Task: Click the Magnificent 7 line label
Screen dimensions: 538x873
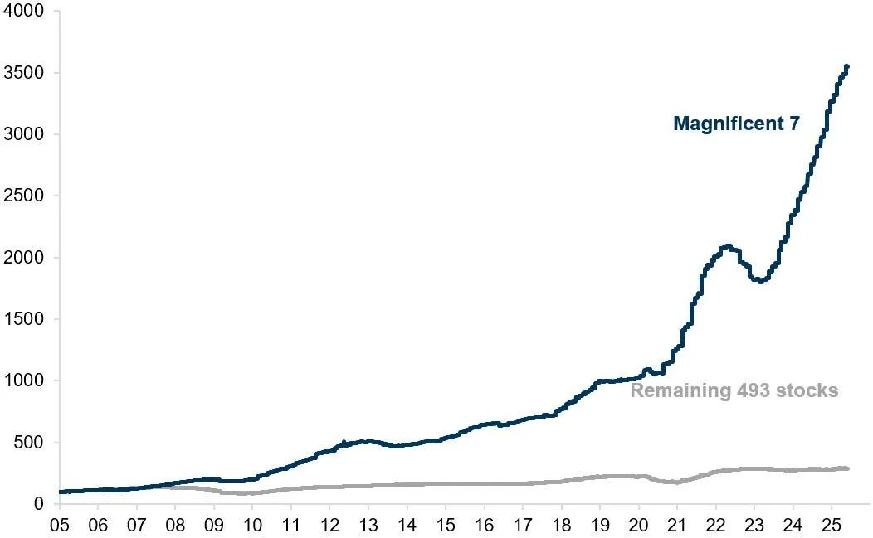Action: (736, 124)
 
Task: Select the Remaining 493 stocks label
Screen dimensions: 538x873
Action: (734, 390)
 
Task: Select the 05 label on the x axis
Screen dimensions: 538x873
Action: (60, 526)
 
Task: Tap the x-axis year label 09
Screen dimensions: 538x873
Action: (214, 526)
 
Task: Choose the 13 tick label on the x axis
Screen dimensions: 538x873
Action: (368, 526)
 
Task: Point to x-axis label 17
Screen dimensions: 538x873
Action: (522, 526)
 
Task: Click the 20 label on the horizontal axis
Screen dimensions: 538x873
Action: (638, 526)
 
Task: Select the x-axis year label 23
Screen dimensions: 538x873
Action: (754, 526)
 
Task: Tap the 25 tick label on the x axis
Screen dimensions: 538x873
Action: (831, 526)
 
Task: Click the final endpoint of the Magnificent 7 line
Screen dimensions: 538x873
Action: (846, 66)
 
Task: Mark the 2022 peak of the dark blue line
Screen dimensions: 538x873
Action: (728, 246)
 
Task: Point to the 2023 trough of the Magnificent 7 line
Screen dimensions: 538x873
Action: (759, 280)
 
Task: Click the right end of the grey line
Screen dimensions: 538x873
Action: (846, 468)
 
